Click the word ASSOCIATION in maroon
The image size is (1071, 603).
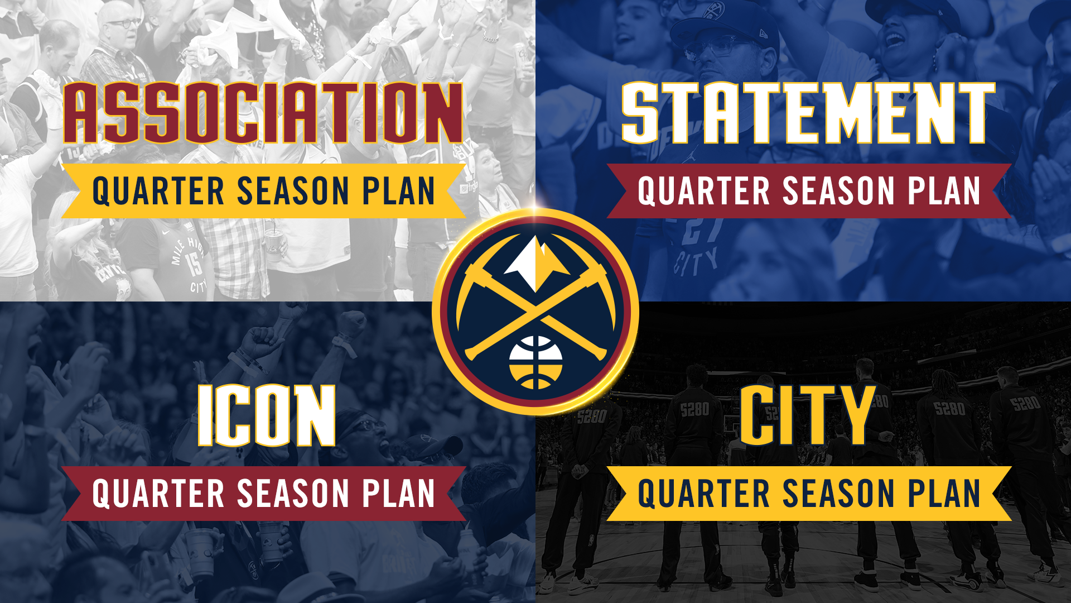click(x=263, y=113)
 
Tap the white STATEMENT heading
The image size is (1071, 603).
click(x=808, y=113)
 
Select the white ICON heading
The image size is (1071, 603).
click(x=267, y=415)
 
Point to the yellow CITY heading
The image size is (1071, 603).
click(x=807, y=415)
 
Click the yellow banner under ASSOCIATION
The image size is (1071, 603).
click(x=263, y=191)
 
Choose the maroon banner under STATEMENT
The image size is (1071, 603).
click(x=808, y=191)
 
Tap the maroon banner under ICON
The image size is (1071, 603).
click(x=263, y=494)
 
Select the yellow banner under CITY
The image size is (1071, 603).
click(x=808, y=494)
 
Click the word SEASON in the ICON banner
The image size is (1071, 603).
click(x=293, y=494)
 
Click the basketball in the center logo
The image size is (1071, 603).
click(x=535, y=362)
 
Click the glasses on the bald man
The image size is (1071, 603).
click(x=123, y=24)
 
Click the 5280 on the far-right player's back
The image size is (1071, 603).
click(x=1025, y=403)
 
